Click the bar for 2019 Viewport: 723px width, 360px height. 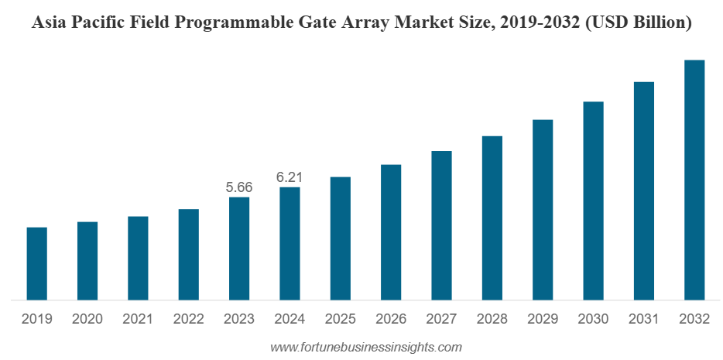[36, 263]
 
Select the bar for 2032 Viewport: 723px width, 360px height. [694, 180]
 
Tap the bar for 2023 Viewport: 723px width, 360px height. [239, 248]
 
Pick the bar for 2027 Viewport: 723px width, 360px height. [441, 225]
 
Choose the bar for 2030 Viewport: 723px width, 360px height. [593, 201]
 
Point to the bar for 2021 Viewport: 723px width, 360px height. [138, 258]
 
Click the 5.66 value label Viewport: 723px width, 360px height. [238, 187]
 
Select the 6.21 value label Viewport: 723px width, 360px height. [289, 177]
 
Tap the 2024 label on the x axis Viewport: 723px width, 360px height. [290, 319]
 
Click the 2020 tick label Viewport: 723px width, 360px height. [87, 319]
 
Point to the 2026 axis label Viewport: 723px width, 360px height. [391, 319]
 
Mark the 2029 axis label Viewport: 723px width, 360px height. [543, 319]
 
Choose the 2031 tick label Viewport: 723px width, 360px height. [644, 319]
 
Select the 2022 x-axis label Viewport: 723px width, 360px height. [188, 319]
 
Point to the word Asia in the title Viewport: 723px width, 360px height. [49, 24]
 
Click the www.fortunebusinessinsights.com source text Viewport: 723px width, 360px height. [365, 347]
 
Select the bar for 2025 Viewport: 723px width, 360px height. [340, 238]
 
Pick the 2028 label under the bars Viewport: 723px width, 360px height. [492, 319]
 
